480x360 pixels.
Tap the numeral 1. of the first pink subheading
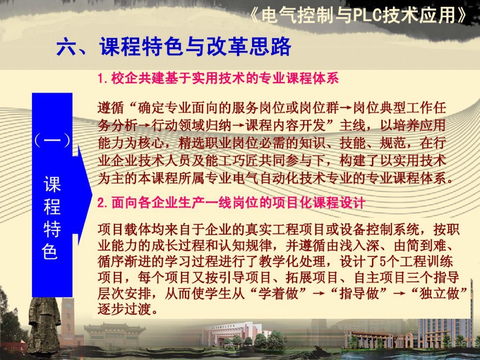click(x=103, y=78)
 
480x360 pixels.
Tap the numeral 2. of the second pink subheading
click(x=103, y=203)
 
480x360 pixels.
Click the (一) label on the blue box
click(x=52, y=141)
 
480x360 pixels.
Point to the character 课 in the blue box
click(x=52, y=184)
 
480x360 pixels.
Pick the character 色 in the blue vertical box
click(x=51, y=251)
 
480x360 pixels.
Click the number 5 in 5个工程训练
click(x=383, y=261)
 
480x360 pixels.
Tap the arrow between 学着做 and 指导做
click(x=318, y=293)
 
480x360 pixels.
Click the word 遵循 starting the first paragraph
click(x=111, y=108)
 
